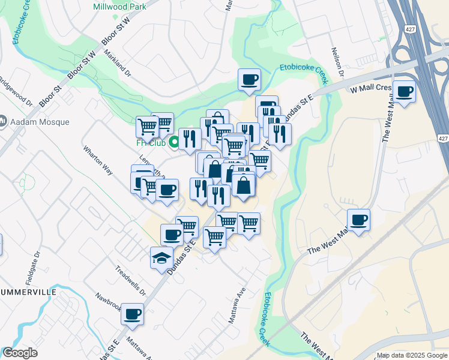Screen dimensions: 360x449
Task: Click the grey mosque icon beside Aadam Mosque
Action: [3, 122]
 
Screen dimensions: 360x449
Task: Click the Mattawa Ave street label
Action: [237, 305]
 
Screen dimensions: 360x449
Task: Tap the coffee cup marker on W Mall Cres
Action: [405, 91]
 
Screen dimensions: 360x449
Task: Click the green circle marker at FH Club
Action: [175, 143]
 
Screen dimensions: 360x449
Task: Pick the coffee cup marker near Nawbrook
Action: [132, 313]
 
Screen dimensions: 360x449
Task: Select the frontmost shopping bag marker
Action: [244, 185]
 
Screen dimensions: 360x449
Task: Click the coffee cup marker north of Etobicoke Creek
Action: [249, 79]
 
